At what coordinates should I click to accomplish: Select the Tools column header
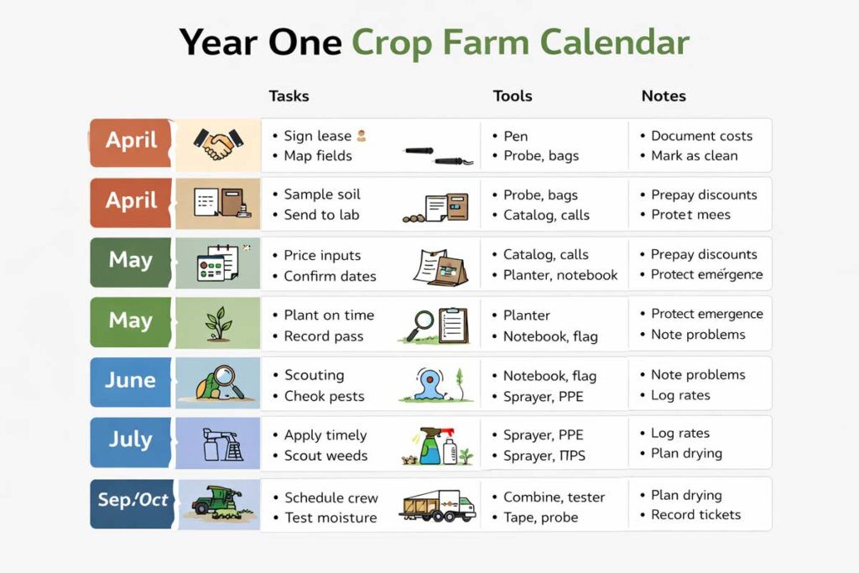(512, 96)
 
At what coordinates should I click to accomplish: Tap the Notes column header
(663, 96)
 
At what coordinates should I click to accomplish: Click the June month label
(130, 380)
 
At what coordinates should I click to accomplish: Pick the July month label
(130, 440)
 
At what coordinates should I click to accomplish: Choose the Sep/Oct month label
(133, 501)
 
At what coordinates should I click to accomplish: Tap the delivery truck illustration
(437, 505)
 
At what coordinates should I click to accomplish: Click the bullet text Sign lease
(317, 136)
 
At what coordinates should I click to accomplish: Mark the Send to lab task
(321, 215)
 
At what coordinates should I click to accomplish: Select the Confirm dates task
(330, 276)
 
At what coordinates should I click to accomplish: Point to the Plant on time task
(329, 315)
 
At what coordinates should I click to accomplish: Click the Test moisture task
(331, 518)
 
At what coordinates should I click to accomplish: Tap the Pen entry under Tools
(515, 136)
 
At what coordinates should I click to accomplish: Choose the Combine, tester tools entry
(554, 497)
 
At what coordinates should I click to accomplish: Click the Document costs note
(701, 136)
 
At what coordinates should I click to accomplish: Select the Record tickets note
(695, 514)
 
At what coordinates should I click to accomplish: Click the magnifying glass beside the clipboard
(419, 325)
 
